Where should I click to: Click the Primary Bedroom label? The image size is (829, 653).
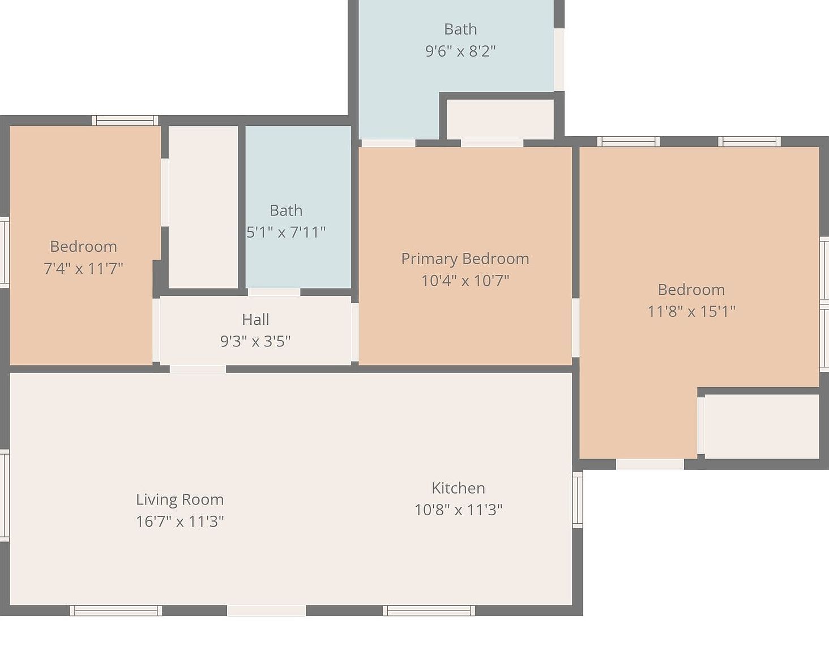click(x=465, y=258)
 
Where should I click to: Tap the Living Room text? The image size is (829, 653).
click(x=180, y=499)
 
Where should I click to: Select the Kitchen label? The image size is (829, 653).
click(x=458, y=488)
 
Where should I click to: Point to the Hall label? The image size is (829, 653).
click(x=255, y=319)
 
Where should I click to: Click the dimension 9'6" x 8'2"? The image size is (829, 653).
click(x=460, y=51)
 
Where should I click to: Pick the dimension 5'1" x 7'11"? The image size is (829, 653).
click(x=286, y=232)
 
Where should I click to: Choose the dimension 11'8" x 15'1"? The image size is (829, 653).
click(x=691, y=311)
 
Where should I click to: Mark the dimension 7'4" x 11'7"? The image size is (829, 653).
click(x=83, y=268)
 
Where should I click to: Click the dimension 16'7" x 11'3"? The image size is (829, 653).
click(x=180, y=521)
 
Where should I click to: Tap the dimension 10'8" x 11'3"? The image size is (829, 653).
click(x=458, y=510)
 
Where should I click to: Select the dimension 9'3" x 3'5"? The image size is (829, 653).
click(x=255, y=341)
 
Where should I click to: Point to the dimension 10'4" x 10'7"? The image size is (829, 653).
click(x=465, y=280)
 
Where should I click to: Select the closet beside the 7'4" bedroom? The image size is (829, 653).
click(x=203, y=207)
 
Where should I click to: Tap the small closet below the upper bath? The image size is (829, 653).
click(x=500, y=119)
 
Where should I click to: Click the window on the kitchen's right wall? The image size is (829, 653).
click(x=578, y=500)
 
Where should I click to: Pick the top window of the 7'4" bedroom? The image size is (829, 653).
click(x=125, y=120)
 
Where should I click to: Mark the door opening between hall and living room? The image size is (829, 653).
click(x=198, y=369)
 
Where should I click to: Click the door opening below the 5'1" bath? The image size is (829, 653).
click(x=274, y=292)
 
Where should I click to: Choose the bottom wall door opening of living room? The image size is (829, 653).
click(x=266, y=610)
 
